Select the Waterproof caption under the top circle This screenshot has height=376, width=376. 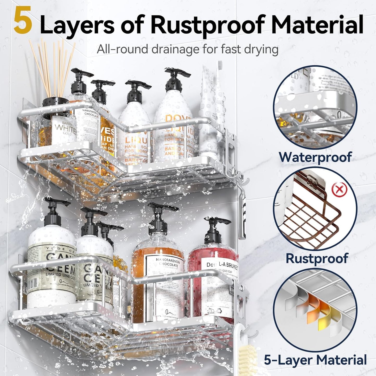315,157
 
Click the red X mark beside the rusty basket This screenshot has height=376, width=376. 339,189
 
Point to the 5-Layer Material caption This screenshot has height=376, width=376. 315,360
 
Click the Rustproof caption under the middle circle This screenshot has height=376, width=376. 317,258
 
